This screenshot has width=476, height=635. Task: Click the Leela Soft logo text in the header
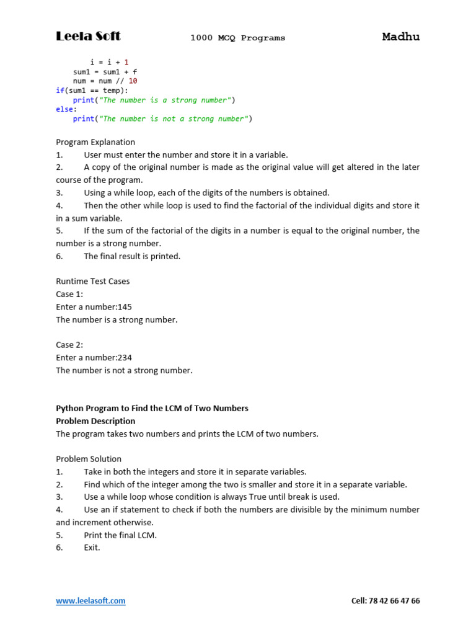tap(88, 37)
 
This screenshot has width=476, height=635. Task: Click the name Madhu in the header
tap(400, 37)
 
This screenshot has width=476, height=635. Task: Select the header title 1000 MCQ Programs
tap(237, 38)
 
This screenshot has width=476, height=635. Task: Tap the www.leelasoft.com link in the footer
tap(90, 601)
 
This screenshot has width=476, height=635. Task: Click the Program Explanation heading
tap(95, 142)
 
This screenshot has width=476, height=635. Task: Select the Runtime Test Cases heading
tap(93, 282)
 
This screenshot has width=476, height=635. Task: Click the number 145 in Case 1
tap(125, 307)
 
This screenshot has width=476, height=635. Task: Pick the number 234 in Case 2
tap(125, 358)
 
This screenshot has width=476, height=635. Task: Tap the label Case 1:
tap(69, 295)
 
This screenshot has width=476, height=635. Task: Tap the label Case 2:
tap(69, 345)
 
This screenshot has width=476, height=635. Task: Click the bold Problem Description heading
tap(95, 421)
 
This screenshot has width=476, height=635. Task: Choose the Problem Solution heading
tap(89, 460)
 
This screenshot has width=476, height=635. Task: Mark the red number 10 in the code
tap(133, 81)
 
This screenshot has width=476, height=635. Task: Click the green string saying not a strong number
tap(176, 119)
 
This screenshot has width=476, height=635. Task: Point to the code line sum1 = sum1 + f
tap(105, 72)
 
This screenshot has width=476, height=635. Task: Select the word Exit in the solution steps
tap(92, 548)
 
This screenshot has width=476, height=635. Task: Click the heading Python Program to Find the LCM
tap(152, 409)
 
